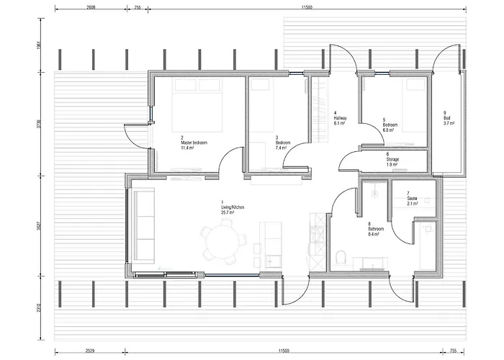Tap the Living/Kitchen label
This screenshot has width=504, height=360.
coord(233,207)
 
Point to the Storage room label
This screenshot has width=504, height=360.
coord(393,159)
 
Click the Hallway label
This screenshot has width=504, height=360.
coord(341,117)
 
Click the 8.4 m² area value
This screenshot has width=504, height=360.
coord(375,234)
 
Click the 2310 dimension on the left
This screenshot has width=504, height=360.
coord(30,307)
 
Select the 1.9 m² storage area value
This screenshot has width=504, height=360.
coord(392,165)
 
